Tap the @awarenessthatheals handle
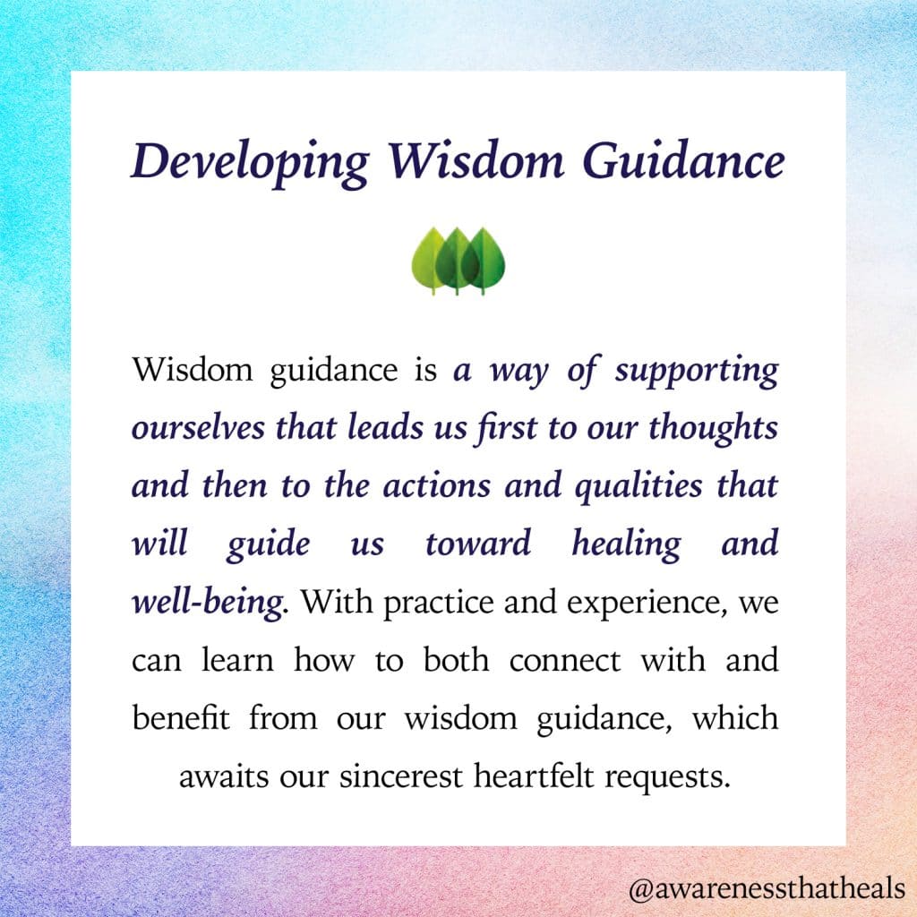click(x=767, y=889)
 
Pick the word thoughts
click(x=713, y=428)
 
